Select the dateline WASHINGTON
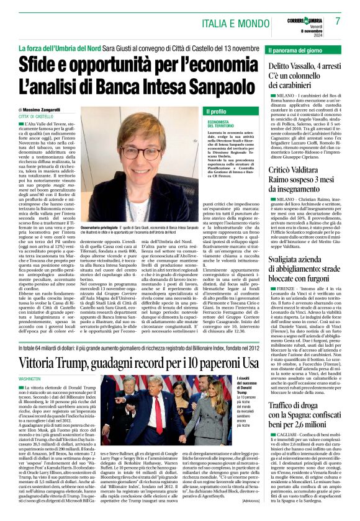click(29, 377)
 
